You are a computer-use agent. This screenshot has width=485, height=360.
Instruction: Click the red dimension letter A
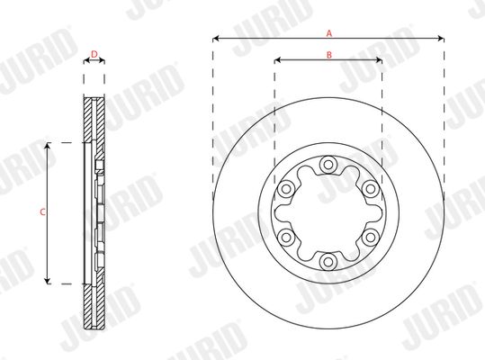coord(329,33)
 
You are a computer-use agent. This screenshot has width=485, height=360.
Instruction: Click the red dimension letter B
coord(329,55)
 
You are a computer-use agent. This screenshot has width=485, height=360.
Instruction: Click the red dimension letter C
coord(42,212)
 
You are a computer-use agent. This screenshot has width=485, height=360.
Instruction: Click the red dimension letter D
coord(94,54)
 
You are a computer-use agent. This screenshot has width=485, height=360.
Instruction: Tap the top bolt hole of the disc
coord(328,165)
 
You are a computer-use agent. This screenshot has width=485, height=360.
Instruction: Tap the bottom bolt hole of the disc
coord(328,262)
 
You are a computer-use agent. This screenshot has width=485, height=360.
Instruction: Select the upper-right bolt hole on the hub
coord(370,189)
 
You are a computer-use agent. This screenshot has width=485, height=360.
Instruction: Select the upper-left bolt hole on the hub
coord(285,189)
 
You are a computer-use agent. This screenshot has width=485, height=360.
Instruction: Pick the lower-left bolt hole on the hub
coord(285,238)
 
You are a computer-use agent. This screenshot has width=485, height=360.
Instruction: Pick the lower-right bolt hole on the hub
coord(370,238)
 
